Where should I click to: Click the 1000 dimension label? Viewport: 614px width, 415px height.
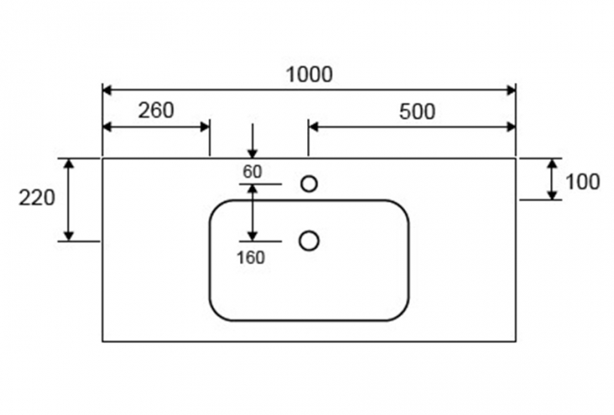309,74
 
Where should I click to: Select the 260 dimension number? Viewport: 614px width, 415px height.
155,110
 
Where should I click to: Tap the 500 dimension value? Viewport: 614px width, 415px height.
417,112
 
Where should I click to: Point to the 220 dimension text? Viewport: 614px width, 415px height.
37,198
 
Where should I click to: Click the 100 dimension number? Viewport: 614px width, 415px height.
583,182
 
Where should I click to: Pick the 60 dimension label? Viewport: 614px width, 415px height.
252,172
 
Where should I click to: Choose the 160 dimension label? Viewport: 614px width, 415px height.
250,258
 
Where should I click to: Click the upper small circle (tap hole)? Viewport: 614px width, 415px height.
309,184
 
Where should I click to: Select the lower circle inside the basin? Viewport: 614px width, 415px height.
309,240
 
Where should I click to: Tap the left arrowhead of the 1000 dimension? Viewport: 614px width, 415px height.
108,90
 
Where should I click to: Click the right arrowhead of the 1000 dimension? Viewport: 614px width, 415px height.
510,90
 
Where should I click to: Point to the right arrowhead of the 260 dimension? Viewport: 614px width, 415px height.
205,127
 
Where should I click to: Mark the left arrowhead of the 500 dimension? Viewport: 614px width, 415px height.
313,127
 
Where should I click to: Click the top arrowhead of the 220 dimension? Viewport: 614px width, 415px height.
69,164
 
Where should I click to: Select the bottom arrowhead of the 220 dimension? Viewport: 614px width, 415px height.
69,236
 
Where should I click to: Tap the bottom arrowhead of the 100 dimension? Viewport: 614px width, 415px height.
552,196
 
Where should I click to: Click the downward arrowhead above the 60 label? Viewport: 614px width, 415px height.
253,153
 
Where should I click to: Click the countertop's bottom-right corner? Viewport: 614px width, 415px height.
516,342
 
